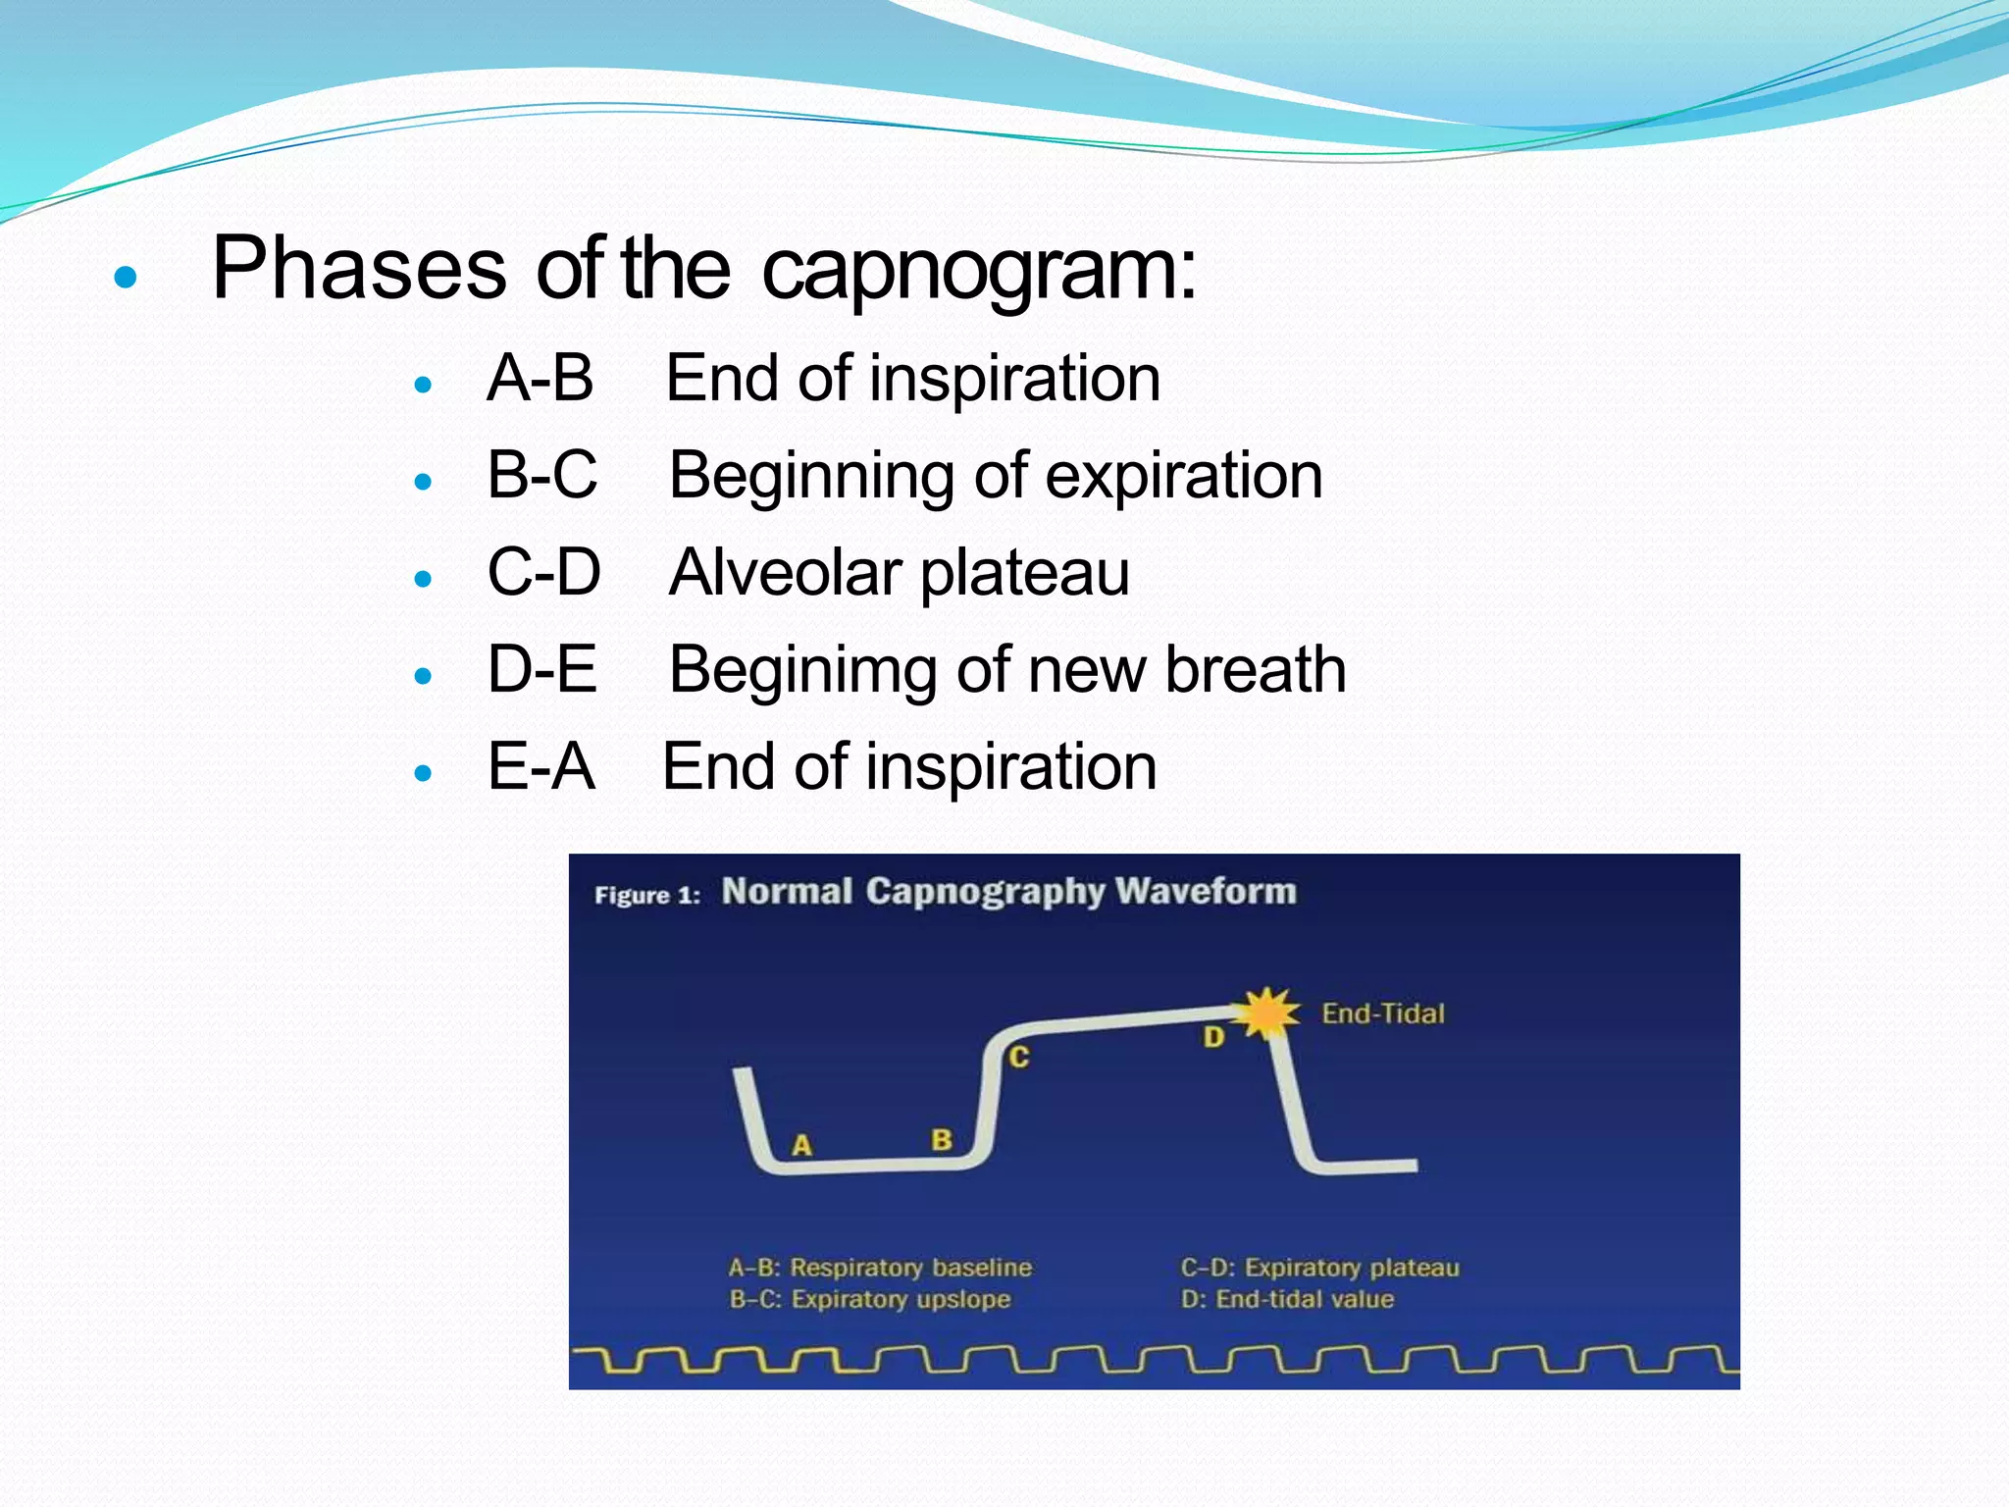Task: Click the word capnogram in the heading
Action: pyautogui.click(x=978, y=270)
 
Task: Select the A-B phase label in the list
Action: pyautogui.click(x=541, y=379)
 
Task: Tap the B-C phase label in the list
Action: pyautogui.click(x=542, y=476)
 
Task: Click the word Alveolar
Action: pyautogui.click(x=785, y=573)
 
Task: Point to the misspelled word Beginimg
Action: pyautogui.click(x=802, y=671)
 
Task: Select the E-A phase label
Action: pyautogui.click(x=541, y=767)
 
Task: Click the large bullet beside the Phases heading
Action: pyautogui.click(x=126, y=278)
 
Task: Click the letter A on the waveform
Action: pyautogui.click(x=801, y=1145)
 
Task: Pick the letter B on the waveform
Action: pyautogui.click(x=942, y=1140)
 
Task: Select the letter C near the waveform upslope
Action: pyautogui.click(x=1019, y=1057)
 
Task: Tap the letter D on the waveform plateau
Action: pyautogui.click(x=1213, y=1037)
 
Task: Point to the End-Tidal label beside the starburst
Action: pyautogui.click(x=1383, y=1013)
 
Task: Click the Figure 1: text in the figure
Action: pyautogui.click(x=647, y=895)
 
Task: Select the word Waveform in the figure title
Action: pyautogui.click(x=1206, y=891)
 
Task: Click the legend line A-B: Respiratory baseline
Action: pyautogui.click(x=880, y=1268)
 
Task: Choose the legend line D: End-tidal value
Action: pyautogui.click(x=1287, y=1300)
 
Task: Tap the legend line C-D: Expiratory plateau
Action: pyautogui.click(x=1319, y=1268)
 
